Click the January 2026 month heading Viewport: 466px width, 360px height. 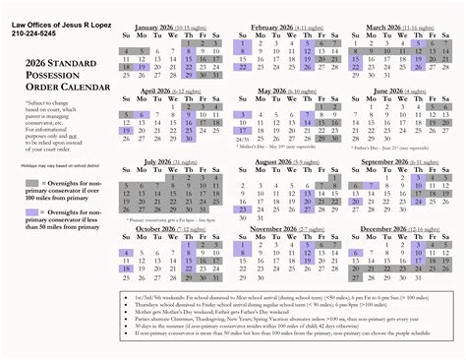click(x=170, y=28)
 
